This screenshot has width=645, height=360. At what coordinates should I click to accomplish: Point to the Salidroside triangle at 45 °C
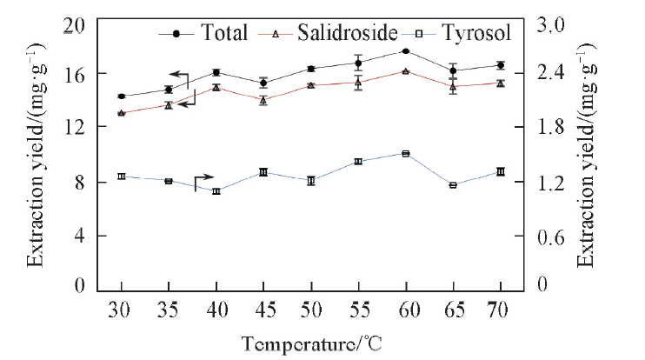(x=263, y=100)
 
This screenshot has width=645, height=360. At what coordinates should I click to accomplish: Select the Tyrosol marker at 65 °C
(x=453, y=185)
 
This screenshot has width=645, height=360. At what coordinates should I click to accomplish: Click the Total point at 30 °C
(x=122, y=97)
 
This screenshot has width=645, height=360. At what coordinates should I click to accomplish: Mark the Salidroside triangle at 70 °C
(x=501, y=83)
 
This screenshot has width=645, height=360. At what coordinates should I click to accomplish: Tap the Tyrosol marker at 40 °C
(x=216, y=191)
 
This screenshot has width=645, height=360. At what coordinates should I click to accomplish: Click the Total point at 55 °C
(x=358, y=63)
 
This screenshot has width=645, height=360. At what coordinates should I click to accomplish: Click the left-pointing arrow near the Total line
(x=179, y=76)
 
